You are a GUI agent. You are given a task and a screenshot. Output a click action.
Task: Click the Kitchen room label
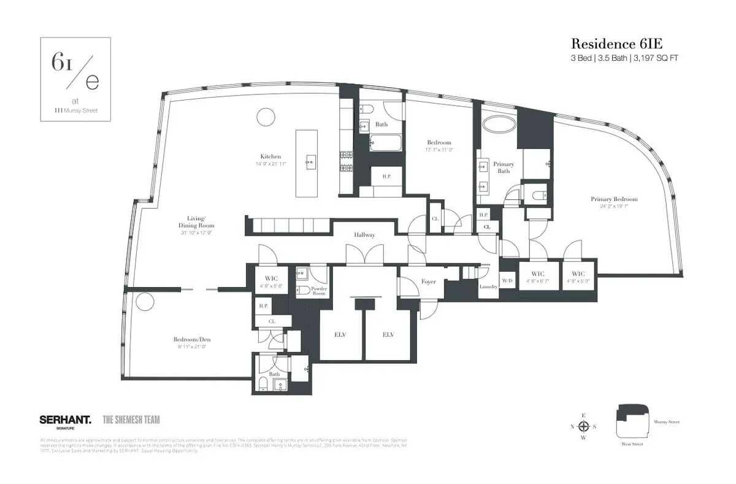[270, 157]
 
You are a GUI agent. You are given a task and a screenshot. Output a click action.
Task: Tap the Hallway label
[364, 235]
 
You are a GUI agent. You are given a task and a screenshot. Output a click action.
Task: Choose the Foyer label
[428, 282]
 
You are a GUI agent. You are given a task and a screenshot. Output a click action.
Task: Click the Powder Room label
[318, 290]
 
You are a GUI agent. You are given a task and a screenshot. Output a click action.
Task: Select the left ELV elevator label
[339, 334]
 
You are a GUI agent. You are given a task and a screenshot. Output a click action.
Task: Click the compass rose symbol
[585, 426]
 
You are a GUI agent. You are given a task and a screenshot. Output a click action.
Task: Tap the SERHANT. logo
[65, 420]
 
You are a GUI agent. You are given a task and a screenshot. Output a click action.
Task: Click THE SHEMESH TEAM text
[131, 420]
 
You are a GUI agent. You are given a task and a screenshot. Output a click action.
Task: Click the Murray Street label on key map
[667, 422]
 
